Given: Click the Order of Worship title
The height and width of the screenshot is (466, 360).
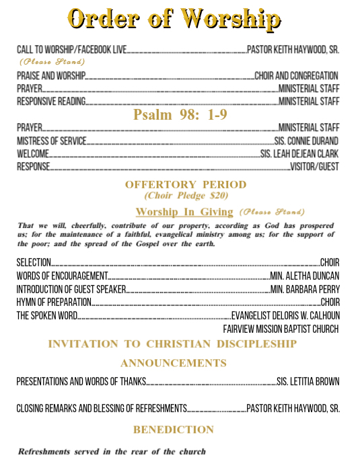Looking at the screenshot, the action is pos(174,19).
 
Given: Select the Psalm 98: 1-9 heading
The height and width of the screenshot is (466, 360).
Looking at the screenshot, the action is pos(180,115).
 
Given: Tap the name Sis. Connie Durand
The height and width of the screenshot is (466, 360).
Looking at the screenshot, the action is pos(306,141).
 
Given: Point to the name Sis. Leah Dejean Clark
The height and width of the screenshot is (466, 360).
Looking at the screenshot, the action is pos(299,154).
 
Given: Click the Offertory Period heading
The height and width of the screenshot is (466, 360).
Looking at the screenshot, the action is pos(186,184).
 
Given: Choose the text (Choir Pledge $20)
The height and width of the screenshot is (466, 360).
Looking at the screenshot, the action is pos(186,196).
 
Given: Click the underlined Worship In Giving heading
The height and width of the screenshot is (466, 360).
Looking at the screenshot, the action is pos(184,212).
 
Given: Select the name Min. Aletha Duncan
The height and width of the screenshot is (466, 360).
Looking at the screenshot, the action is pos(304,276).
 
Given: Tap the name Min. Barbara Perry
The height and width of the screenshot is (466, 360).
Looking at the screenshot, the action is pos(305,289).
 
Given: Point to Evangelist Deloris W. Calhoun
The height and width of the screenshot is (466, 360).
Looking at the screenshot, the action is pos(285,315).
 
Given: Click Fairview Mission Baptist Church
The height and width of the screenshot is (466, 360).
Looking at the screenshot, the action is pos(281,329).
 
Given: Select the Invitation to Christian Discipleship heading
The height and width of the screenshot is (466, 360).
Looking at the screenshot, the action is pos(172,344).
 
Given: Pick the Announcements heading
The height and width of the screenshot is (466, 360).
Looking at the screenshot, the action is pos(174,363).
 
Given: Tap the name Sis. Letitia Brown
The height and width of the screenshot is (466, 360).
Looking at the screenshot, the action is pos(308,382).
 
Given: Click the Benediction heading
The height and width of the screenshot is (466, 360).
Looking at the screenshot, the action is pos(174,429).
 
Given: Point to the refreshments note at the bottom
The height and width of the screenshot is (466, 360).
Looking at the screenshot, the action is pos(112,451).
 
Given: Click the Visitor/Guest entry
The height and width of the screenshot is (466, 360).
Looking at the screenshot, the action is pos(314,167).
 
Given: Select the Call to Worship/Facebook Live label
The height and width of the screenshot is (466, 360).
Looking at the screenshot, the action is pos(71,49).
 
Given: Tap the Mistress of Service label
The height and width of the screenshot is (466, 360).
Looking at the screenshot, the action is pos(52,141).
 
